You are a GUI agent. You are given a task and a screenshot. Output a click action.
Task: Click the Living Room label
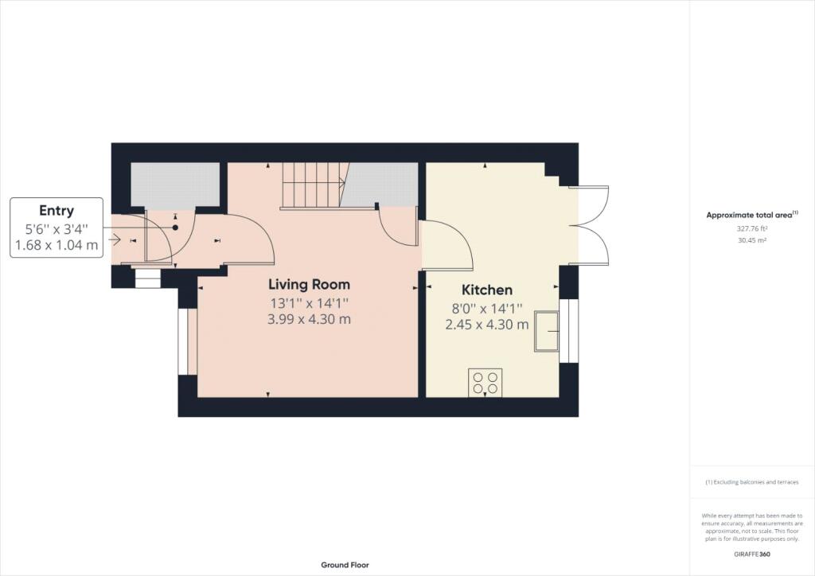[310, 284]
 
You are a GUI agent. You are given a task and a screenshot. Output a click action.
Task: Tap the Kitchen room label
[487, 290]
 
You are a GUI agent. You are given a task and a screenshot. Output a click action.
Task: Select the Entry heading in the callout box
[57, 210]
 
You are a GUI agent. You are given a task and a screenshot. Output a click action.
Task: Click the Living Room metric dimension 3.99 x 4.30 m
[310, 319]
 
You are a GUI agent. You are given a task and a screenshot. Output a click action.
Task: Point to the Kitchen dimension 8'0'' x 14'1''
[487, 309]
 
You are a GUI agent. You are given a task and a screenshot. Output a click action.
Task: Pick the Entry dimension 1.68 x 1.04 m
[57, 244]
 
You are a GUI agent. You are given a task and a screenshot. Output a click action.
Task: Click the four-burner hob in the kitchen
[485, 383]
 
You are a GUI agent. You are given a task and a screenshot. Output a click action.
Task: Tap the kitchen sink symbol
[547, 332]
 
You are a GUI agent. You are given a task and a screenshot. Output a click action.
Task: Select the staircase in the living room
[314, 186]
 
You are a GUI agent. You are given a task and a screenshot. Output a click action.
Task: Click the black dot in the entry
[175, 228]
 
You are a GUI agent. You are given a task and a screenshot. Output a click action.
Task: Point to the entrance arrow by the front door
[115, 240]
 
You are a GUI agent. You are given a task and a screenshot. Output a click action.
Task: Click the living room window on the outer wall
[183, 342]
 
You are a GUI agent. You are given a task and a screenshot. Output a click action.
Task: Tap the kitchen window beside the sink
[568, 331]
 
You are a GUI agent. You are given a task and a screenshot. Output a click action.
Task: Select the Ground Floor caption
[345, 565]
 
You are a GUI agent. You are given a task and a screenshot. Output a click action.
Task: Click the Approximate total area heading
[752, 215]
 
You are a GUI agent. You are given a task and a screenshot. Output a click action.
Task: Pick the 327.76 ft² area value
[752, 228]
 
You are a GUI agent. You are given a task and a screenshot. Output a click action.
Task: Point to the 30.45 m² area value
[752, 240]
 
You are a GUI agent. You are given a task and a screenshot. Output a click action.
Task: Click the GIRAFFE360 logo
[752, 555]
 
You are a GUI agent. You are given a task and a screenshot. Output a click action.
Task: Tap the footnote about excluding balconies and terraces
[752, 482]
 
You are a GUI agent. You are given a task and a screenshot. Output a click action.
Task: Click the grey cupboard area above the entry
[175, 185]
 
